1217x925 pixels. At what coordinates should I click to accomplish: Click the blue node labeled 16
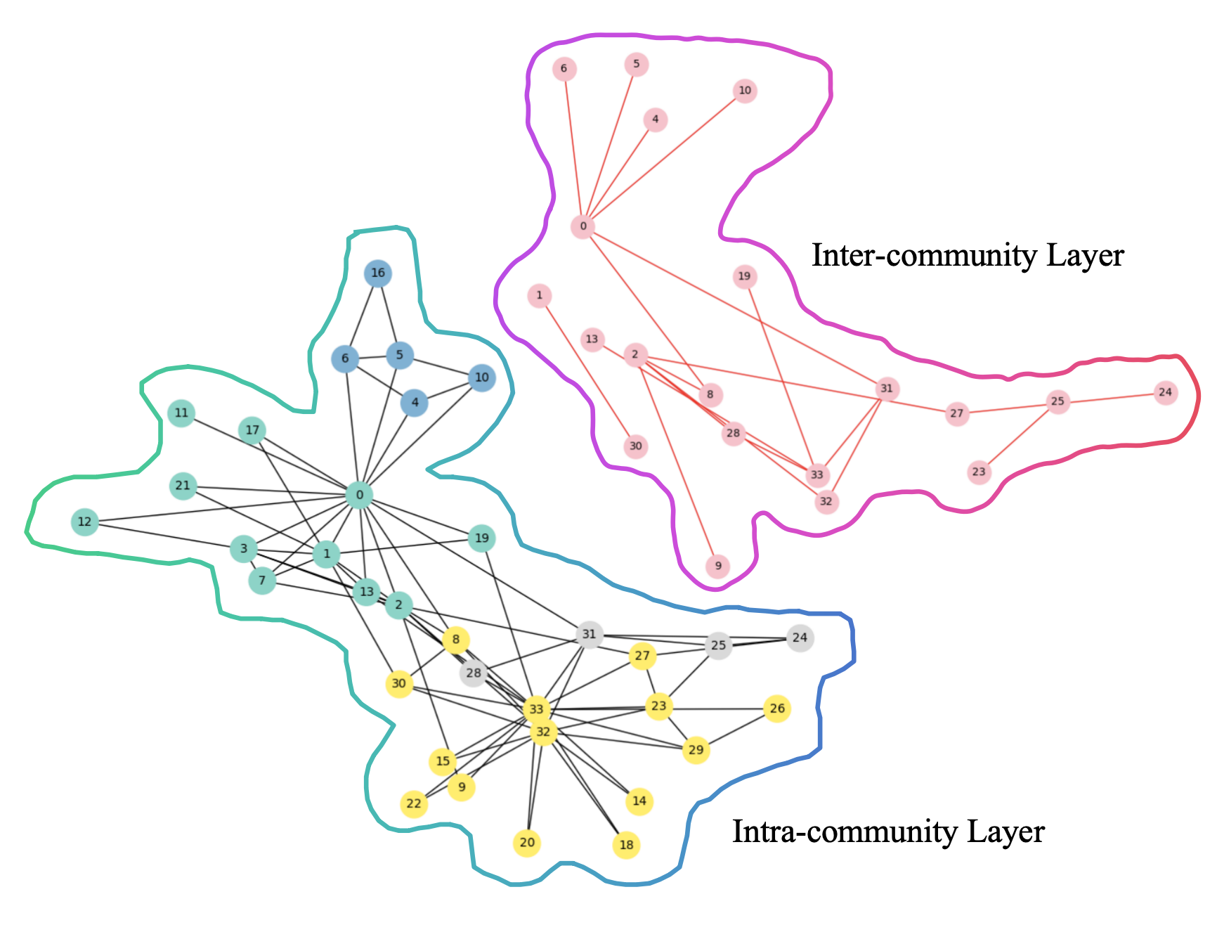378,273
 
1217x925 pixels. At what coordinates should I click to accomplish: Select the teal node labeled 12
85,522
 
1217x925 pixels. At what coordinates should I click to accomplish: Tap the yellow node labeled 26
777,709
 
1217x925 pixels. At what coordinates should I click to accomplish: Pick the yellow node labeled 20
527,843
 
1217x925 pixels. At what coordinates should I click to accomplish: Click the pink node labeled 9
718,567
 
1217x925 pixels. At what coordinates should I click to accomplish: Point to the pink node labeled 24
1166,392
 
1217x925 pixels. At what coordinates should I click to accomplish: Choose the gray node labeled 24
800,638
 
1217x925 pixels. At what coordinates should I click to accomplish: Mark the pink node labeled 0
583,226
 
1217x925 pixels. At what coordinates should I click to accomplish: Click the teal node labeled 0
360,496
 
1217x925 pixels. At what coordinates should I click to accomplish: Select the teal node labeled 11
182,413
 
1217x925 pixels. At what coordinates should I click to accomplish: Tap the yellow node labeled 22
414,803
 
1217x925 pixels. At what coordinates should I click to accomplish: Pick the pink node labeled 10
745,91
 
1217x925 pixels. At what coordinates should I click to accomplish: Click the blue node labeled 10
481,378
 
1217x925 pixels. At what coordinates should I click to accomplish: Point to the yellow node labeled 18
626,845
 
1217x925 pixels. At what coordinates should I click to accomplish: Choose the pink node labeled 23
980,472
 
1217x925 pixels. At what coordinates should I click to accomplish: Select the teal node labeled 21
183,486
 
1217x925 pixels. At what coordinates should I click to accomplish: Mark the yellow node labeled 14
639,801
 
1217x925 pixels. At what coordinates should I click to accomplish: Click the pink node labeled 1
540,296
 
